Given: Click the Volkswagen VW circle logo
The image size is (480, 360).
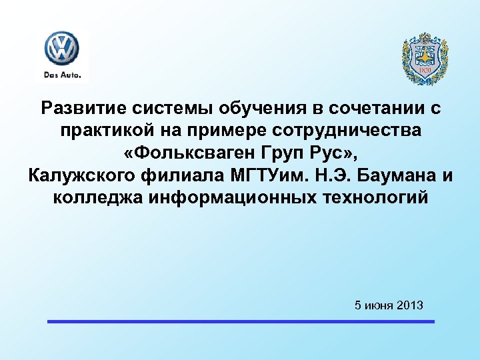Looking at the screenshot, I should point(62,49).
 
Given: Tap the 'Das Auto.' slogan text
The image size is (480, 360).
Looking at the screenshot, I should point(62,75).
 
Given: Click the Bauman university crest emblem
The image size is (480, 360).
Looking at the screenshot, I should point(425,59).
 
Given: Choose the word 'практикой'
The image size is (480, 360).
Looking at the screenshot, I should point(106,131).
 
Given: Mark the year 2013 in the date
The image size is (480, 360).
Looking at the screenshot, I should point(409,305).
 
